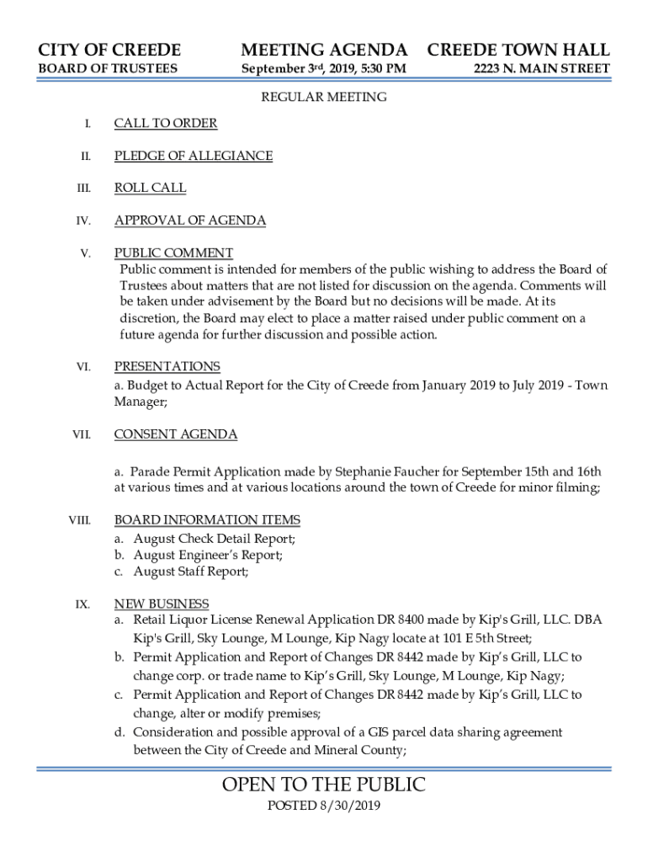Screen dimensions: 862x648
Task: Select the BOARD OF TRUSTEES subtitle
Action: pos(108,68)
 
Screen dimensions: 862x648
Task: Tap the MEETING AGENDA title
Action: pos(324,50)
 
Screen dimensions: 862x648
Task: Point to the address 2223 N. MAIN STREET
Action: pos(541,68)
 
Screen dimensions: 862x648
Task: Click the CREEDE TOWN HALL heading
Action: pos(518,50)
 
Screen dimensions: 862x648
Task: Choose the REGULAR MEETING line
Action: pos(324,97)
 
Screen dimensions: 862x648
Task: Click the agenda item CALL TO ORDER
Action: pos(166,124)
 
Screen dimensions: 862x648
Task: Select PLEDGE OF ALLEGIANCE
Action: pos(194,156)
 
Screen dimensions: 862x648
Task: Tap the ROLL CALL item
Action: pos(151,188)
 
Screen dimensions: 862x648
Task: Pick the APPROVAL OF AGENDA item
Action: pos(190,221)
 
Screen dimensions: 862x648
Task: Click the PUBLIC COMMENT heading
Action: pos(174,253)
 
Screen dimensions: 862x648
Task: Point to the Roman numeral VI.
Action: pos(83,367)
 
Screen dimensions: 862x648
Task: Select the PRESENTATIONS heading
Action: pos(167,366)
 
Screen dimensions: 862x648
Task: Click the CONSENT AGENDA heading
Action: pos(176,434)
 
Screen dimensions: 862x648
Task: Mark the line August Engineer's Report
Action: pos(208,555)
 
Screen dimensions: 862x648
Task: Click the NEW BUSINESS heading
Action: pos(162,604)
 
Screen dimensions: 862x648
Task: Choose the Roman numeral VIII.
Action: pos(80,521)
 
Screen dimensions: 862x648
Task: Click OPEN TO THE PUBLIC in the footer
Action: pos(324,785)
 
